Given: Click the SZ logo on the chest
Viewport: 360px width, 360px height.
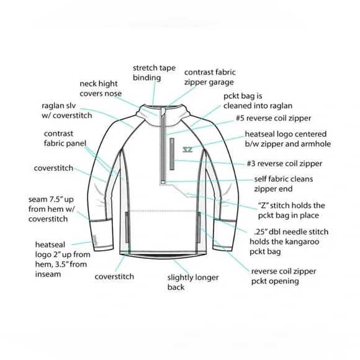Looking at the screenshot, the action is (x=187, y=150).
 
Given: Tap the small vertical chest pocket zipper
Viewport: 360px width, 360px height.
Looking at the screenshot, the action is (x=172, y=154).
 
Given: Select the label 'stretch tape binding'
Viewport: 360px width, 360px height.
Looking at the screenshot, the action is (x=154, y=73).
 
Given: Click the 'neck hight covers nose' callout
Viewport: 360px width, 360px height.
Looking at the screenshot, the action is (x=101, y=89).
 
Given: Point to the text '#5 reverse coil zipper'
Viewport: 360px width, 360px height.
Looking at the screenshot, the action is (x=274, y=118).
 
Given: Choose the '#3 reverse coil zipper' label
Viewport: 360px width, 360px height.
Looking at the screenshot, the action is (x=284, y=163).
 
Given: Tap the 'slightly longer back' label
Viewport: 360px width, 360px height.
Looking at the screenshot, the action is (x=193, y=282).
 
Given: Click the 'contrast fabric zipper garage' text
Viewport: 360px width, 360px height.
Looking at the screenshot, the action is (x=210, y=77).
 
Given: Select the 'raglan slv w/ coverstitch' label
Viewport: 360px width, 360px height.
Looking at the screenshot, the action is (x=67, y=110).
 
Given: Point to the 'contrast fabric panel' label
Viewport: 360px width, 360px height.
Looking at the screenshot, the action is (x=65, y=138).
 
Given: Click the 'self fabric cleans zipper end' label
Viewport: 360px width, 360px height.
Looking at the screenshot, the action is (x=283, y=184).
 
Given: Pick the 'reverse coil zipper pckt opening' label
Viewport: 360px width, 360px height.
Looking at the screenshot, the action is (x=284, y=276).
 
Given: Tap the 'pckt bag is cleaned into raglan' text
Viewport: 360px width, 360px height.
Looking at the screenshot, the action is (x=258, y=101).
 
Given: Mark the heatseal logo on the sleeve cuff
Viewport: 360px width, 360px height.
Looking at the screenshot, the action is (x=96, y=240).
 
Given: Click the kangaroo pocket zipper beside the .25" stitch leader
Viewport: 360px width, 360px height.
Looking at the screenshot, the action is (x=199, y=227).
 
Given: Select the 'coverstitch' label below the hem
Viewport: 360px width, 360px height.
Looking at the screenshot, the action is (x=114, y=276).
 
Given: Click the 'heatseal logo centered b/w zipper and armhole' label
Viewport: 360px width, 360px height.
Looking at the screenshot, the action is (x=287, y=139).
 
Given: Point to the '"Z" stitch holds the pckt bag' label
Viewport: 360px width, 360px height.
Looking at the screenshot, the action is (x=291, y=210).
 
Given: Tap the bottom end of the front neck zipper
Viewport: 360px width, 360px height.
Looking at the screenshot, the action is (x=163, y=182).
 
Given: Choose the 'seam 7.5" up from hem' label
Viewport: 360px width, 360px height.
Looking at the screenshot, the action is (x=52, y=209).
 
